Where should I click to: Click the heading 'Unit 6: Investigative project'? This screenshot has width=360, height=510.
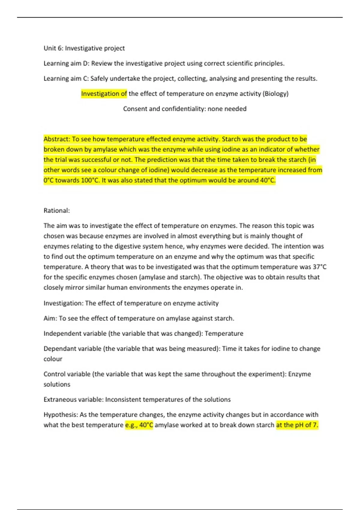coord(84,48)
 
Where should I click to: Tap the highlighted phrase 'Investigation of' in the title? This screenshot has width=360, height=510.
coord(104,94)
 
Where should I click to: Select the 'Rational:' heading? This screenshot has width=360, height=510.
coord(57,211)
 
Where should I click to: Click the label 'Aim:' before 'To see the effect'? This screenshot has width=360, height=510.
coord(50,318)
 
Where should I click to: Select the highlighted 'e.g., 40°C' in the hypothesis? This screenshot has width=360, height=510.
coord(139,425)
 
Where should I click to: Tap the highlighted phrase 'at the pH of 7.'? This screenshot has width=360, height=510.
coord(297,425)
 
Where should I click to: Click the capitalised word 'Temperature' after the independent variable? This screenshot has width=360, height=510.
coord(224,334)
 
